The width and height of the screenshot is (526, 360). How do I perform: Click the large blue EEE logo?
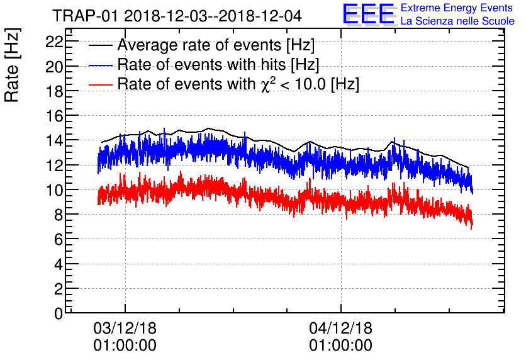369,14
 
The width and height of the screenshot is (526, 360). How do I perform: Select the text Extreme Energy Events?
457,8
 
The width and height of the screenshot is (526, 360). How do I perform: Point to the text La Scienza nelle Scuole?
457,21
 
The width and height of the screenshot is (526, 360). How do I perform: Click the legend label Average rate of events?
216,46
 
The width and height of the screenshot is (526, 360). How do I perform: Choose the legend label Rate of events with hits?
218,65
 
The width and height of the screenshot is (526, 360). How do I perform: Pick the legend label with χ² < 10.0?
238,84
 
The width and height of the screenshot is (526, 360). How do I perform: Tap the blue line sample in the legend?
100,65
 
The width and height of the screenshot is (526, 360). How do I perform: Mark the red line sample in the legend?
100,84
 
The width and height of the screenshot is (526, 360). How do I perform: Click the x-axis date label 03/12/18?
125,329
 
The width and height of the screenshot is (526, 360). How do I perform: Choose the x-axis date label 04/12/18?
340,329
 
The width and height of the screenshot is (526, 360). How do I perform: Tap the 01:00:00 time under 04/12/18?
340,346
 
